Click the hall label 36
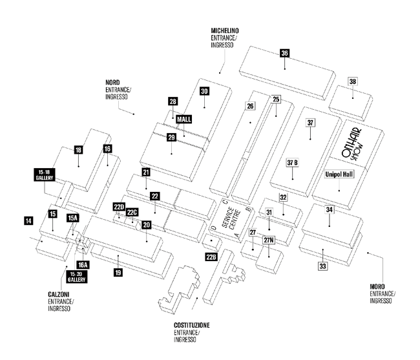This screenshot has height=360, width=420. (x=284, y=53)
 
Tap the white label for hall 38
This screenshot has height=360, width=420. (x=353, y=81)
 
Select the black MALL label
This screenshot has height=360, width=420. (x=184, y=119)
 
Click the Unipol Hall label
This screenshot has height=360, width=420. (x=339, y=175)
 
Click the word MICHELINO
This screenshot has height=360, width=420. (x=225, y=31)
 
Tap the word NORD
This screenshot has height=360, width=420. (x=112, y=83)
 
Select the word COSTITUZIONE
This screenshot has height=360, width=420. (x=192, y=326)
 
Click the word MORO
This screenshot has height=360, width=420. (x=377, y=286)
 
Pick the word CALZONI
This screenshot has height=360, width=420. (x=59, y=294)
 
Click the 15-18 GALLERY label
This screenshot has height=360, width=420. (x=45, y=175)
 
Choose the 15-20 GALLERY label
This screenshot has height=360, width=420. (x=76, y=277)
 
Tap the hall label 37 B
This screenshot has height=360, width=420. (x=292, y=163)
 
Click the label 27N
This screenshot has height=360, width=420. (x=269, y=240)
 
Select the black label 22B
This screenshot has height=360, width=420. (x=211, y=257)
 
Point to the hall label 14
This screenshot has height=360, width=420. (x=28, y=221)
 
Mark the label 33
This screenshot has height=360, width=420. (x=323, y=266)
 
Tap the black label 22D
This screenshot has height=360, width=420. (x=119, y=207)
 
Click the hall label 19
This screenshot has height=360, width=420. (x=118, y=273)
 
